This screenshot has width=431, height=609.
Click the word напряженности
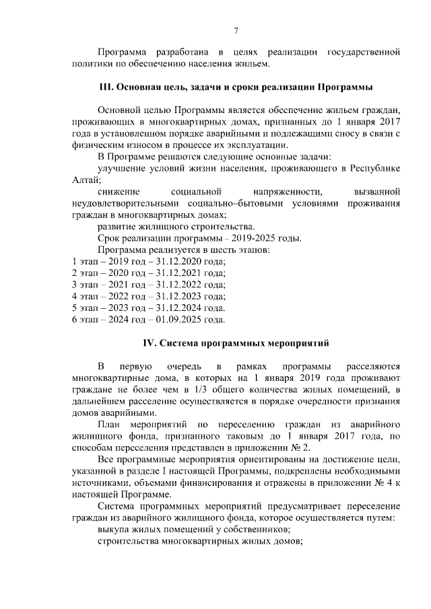(x=283, y=192)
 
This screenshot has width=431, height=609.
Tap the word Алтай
(x=86, y=180)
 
